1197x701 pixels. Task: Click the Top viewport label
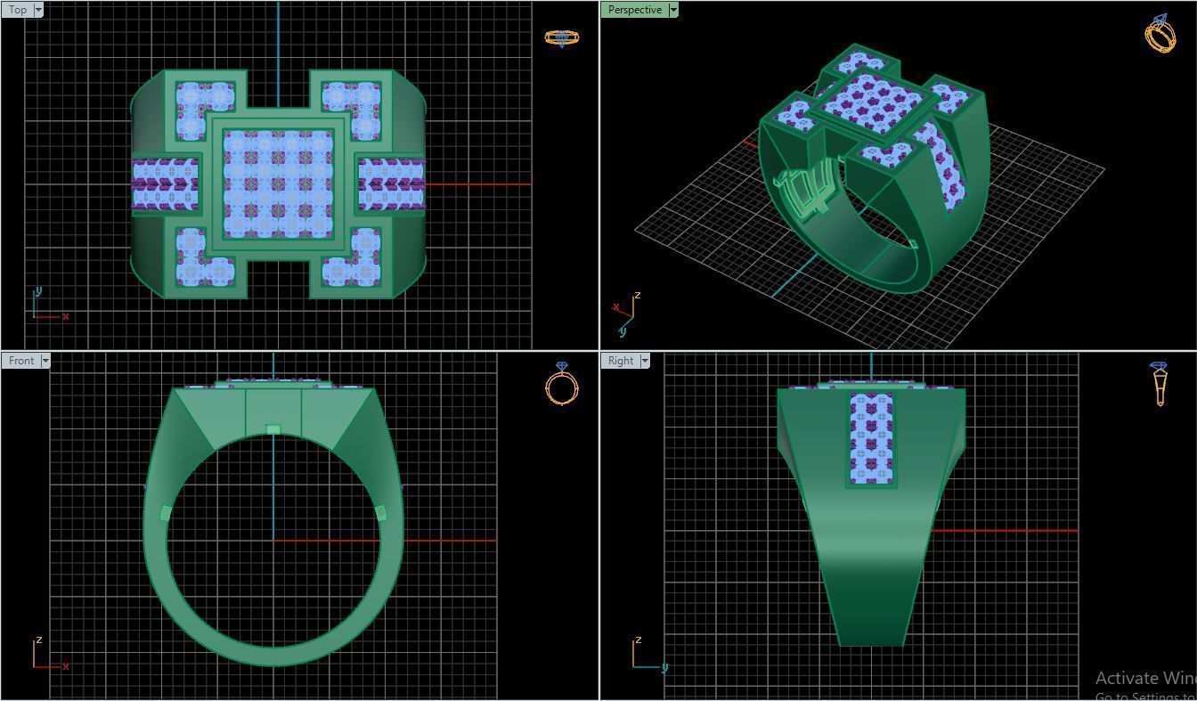[x=17, y=10]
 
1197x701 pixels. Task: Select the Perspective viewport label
[x=634, y=10]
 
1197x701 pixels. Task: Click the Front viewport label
[x=20, y=361]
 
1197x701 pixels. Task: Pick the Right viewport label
[x=620, y=361]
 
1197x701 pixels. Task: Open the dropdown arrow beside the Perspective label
[x=673, y=10]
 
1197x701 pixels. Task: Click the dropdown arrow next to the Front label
[x=45, y=361]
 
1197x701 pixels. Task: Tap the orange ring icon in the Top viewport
[x=561, y=38]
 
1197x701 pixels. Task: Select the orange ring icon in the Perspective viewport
[x=1160, y=34]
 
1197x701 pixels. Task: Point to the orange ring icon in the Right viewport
[x=1159, y=384]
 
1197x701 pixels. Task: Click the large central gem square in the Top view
[x=278, y=183]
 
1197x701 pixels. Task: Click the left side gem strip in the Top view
[x=165, y=183]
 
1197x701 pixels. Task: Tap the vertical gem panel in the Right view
[x=871, y=438]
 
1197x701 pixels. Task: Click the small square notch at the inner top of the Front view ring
[x=273, y=430]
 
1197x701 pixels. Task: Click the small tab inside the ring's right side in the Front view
[x=381, y=513]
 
